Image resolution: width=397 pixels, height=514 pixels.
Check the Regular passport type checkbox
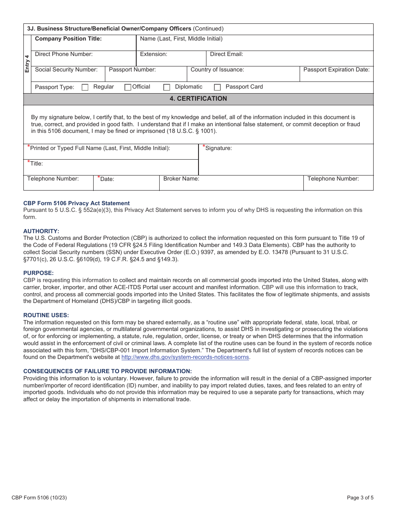85,87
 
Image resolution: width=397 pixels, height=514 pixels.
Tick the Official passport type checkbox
128,87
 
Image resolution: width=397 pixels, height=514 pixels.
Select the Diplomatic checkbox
167,87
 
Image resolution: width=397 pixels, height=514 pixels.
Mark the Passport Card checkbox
217,87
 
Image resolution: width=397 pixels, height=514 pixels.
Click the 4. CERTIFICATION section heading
198,99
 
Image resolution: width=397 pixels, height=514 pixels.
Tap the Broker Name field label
181,179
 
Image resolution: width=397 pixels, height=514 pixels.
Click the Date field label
107,179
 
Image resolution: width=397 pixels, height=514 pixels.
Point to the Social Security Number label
66,70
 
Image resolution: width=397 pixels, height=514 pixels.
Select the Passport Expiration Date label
336,70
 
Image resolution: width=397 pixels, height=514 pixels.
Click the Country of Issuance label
217,70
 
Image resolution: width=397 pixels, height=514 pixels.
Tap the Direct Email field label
226,54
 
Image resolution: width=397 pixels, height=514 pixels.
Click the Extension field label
153,54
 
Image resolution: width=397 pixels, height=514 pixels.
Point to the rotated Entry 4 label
27,64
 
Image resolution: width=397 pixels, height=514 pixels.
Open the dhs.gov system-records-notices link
185,357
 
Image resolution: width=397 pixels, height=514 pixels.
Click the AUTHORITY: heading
41,231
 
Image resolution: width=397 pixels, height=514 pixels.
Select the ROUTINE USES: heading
46,315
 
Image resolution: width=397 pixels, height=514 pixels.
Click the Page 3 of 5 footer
360,498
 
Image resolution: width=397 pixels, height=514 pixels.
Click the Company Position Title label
68,39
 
